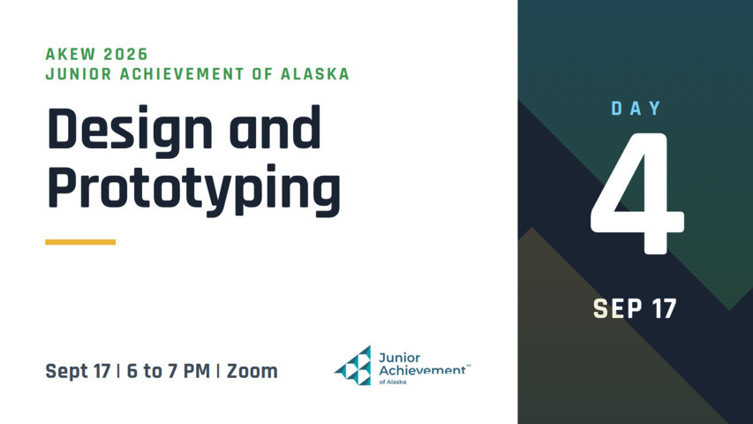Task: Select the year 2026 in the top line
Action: click(126, 54)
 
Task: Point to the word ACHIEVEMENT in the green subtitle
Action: click(182, 74)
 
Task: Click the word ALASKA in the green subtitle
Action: click(314, 74)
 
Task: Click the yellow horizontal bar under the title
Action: click(80, 242)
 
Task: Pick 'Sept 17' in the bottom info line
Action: click(78, 371)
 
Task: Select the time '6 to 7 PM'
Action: click(168, 371)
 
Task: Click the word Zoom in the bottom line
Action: click(252, 371)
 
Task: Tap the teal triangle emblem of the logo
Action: click(353, 366)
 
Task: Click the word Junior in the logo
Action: click(399, 358)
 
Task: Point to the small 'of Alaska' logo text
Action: click(392, 382)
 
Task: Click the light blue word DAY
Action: click(636, 109)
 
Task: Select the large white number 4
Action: click(637, 193)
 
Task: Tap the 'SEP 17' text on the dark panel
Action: click(635, 308)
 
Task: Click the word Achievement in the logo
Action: click(422, 370)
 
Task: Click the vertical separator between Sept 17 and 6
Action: click(118, 371)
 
